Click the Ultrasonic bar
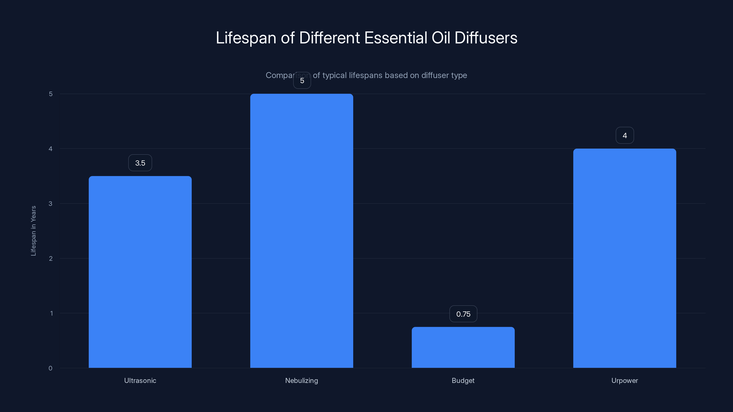(x=140, y=272)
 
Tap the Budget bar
(x=463, y=347)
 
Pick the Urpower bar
(x=625, y=258)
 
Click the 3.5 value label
(x=140, y=163)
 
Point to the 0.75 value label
(x=463, y=314)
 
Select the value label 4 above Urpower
(x=625, y=135)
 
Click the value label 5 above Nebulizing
(x=302, y=81)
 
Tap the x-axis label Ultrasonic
(x=140, y=380)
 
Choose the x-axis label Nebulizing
(x=302, y=380)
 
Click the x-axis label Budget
(x=463, y=380)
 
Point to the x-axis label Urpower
(x=625, y=380)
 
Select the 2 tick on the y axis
(x=51, y=258)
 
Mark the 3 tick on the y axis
(x=50, y=203)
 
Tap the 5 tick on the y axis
(x=51, y=94)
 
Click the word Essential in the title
(x=396, y=38)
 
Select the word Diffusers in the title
(x=486, y=38)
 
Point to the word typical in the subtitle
(x=334, y=75)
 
